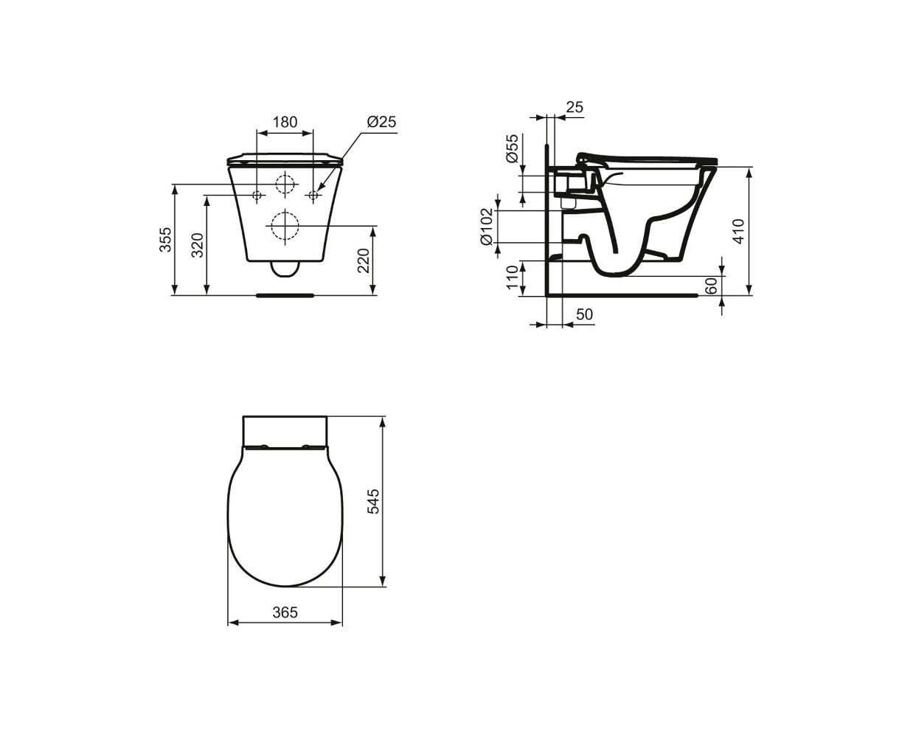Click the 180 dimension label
click(285, 122)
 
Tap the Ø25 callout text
click(381, 122)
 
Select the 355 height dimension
click(165, 240)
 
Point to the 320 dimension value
click(197, 245)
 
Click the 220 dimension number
click(363, 261)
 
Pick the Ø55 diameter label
click(512, 148)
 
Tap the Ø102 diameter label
click(488, 227)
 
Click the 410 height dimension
click(738, 231)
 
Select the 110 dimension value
click(512, 277)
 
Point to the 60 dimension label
click(710, 286)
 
